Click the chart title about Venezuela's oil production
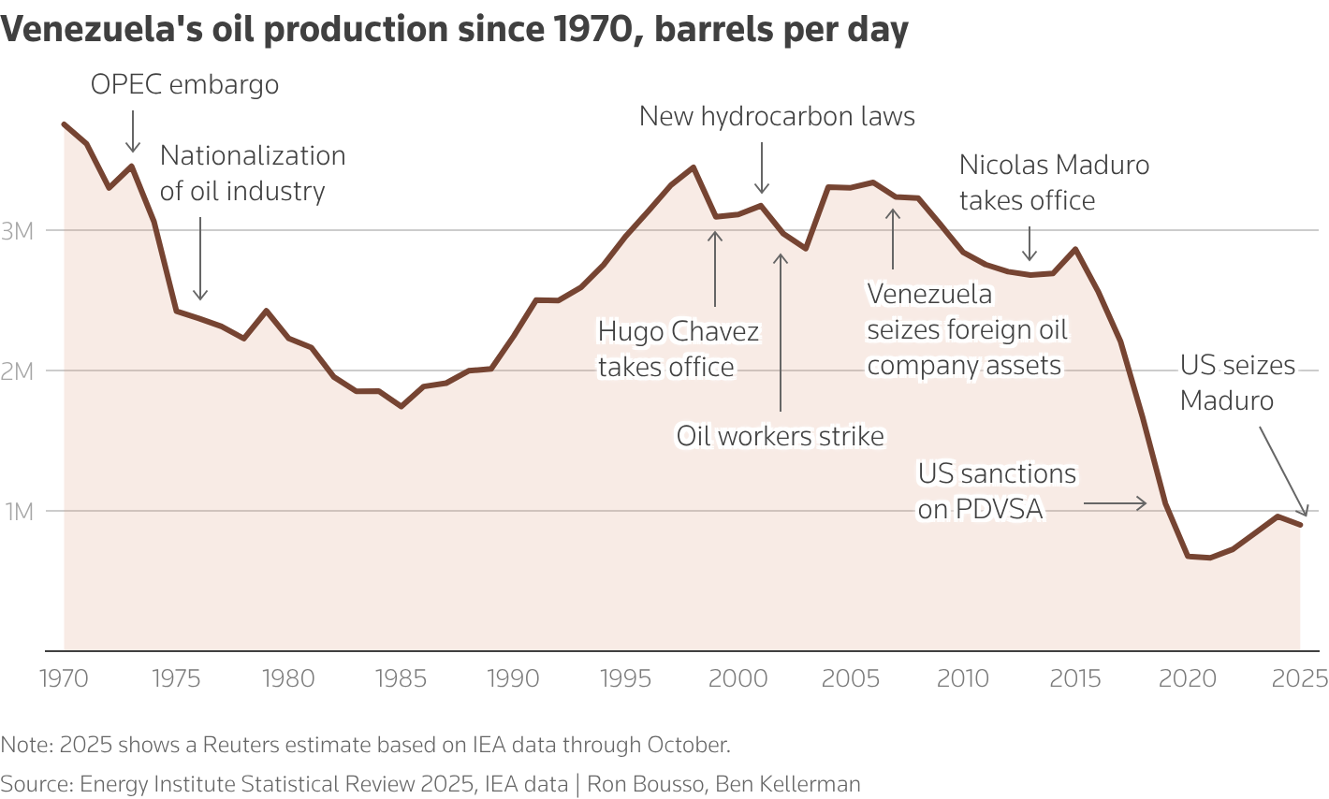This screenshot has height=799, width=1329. tap(455, 30)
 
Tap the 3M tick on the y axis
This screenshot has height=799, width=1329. tap(17, 231)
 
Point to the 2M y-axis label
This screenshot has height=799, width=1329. tap(17, 371)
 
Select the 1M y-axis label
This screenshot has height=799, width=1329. tap(19, 512)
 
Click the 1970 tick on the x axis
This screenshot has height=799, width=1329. tap(64, 677)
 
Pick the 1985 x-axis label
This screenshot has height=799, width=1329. tap(401, 677)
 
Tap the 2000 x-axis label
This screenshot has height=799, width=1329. tap(738, 677)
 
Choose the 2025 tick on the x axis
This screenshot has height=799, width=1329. tap(1300, 677)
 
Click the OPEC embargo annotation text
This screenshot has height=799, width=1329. tap(184, 84)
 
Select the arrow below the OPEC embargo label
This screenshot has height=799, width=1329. tap(133, 131)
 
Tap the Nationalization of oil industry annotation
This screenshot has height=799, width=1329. tap(253, 173)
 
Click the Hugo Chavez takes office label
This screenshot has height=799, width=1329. tap(679, 349)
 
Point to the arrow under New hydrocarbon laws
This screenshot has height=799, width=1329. tap(762, 168)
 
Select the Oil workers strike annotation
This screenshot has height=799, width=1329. tap(781, 436)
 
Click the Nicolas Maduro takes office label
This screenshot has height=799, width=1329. tap(1054, 182)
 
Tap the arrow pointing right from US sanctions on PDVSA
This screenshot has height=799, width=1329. tap(1116, 503)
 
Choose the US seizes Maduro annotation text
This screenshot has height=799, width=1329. tap(1237, 383)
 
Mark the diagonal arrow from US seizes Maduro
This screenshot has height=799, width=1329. tap(1283, 471)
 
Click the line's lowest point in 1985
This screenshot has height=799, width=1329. tap(402, 406)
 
